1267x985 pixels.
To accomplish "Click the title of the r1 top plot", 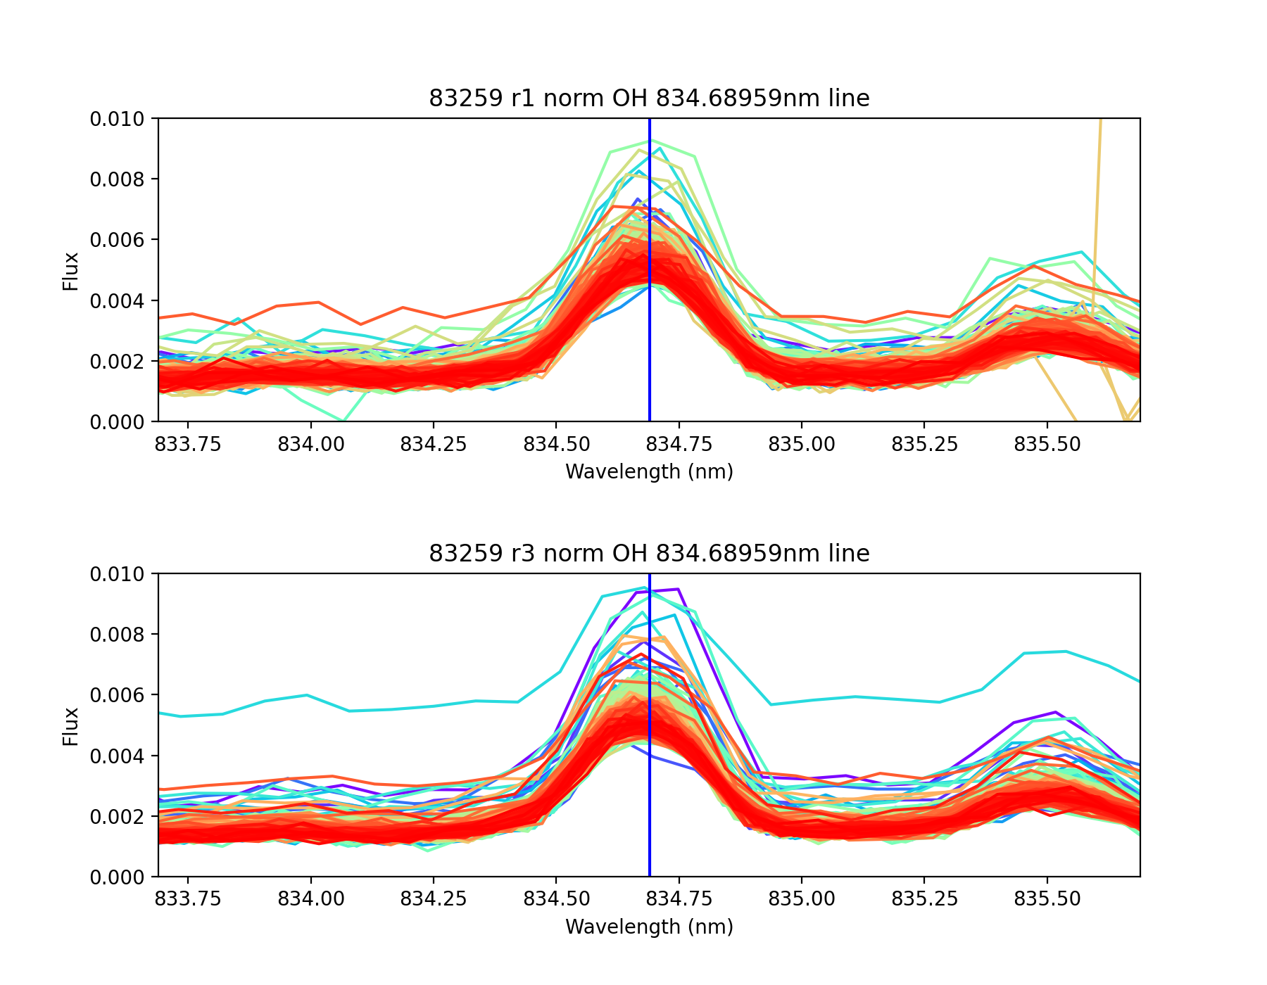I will pyautogui.click(x=649, y=99).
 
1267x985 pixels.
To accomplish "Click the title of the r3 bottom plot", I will pyautogui.click(x=649, y=554).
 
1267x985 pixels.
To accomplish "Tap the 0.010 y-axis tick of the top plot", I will pyautogui.click(x=117, y=119).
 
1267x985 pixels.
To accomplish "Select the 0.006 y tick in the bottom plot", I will pyautogui.click(x=117, y=695).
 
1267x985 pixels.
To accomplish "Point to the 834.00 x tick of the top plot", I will pyautogui.click(x=310, y=445).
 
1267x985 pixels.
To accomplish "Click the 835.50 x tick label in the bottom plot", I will pyautogui.click(x=1047, y=900).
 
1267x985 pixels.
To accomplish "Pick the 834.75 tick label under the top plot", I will pyautogui.click(x=679, y=445).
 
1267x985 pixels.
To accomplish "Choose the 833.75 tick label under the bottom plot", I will pyautogui.click(x=188, y=900).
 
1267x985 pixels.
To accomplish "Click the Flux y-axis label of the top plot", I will pyautogui.click(x=70, y=271).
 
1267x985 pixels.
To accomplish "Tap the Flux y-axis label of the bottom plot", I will pyautogui.click(x=70, y=726).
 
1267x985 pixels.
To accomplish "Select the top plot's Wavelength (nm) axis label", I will pyautogui.click(x=649, y=471).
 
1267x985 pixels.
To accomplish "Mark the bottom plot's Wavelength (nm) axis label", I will pyautogui.click(x=649, y=927).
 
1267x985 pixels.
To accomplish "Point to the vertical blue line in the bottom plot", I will pyautogui.click(x=649, y=809).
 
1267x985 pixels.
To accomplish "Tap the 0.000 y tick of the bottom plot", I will pyautogui.click(x=117, y=877).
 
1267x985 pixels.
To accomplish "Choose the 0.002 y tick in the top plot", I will pyautogui.click(x=117, y=362).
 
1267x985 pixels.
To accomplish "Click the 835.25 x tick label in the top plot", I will pyautogui.click(x=925, y=445).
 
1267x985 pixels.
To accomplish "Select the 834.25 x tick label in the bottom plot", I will pyautogui.click(x=434, y=900).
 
